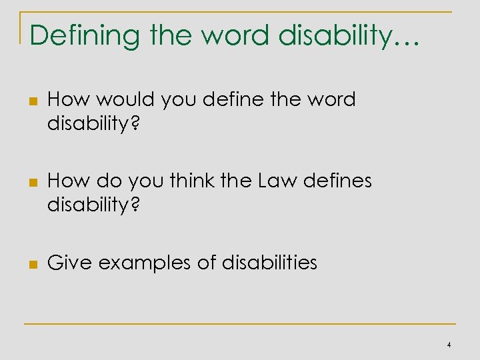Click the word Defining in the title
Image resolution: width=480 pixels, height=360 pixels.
72,36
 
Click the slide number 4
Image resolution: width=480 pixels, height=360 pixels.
449,345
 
